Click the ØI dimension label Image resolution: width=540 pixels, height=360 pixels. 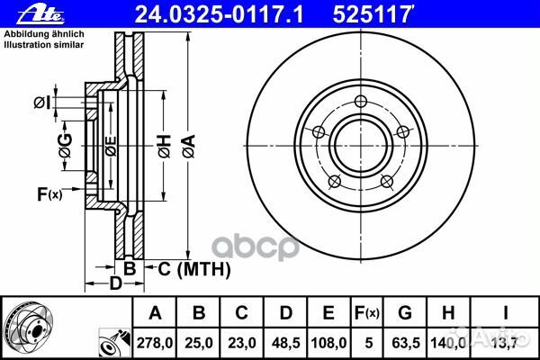pos(41,102)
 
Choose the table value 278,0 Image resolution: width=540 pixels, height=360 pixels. pos(155,343)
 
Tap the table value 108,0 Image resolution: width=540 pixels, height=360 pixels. pos(328,343)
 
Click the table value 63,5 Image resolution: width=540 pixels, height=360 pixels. pos(405,343)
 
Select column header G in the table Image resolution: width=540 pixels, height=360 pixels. pos(405,312)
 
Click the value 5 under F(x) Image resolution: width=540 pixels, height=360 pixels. pos(365,343)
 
